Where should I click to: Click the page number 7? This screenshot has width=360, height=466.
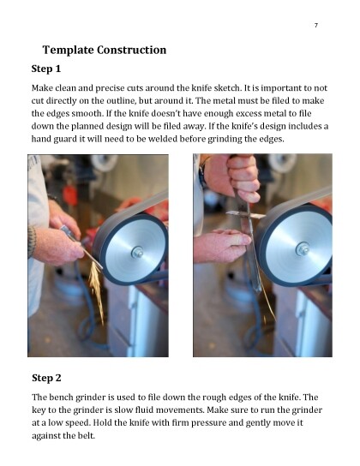(316, 25)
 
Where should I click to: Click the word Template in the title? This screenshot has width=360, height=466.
(68, 50)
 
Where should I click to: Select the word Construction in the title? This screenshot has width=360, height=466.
(132, 50)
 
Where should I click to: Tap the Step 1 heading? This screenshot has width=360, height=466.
(46, 69)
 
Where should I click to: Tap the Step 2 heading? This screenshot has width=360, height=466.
(46, 378)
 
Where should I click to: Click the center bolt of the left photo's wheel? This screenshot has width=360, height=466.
(137, 252)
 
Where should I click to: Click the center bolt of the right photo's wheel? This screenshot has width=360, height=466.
(302, 248)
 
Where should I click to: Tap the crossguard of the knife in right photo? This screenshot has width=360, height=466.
(245, 214)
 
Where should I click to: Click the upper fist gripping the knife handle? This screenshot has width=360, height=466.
(237, 176)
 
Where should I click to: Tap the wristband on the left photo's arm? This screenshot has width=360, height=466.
(32, 241)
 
